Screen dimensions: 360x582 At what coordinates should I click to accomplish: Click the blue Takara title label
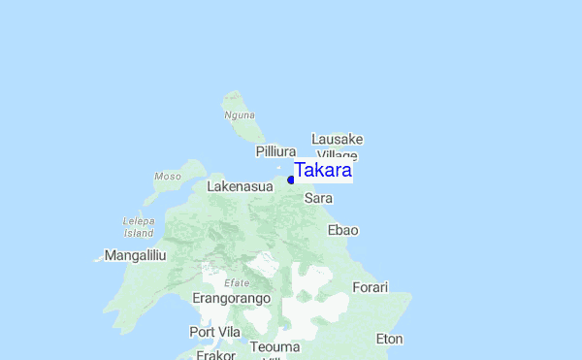coord(322,171)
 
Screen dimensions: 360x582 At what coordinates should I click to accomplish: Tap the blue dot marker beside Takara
coord(291,180)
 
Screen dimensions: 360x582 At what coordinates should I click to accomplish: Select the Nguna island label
coord(239,115)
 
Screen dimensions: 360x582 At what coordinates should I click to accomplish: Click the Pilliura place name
coord(275,151)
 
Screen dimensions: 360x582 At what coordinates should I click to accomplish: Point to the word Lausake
coord(337,139)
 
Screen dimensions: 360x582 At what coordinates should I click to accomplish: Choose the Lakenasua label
coord(240,185)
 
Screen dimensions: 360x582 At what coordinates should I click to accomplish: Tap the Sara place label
coord(318,198)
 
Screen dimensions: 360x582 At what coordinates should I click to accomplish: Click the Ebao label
coord(343,230)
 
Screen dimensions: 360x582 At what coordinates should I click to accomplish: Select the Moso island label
coord(167,177)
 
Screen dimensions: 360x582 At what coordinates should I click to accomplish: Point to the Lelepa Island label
coord(139,227)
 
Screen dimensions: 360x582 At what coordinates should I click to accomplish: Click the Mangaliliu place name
coord(136,255)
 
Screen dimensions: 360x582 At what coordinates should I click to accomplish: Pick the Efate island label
coord(237,282)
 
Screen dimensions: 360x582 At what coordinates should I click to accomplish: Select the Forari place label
coord(370,287)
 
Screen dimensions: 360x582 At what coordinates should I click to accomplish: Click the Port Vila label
coord(214,332)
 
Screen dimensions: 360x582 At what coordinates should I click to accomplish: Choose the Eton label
coord(389,339)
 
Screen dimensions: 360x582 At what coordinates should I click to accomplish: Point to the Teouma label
coord(275,346)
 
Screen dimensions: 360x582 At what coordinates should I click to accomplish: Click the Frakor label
coord(215,355)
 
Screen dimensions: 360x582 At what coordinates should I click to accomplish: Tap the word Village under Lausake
coord(338,155)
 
